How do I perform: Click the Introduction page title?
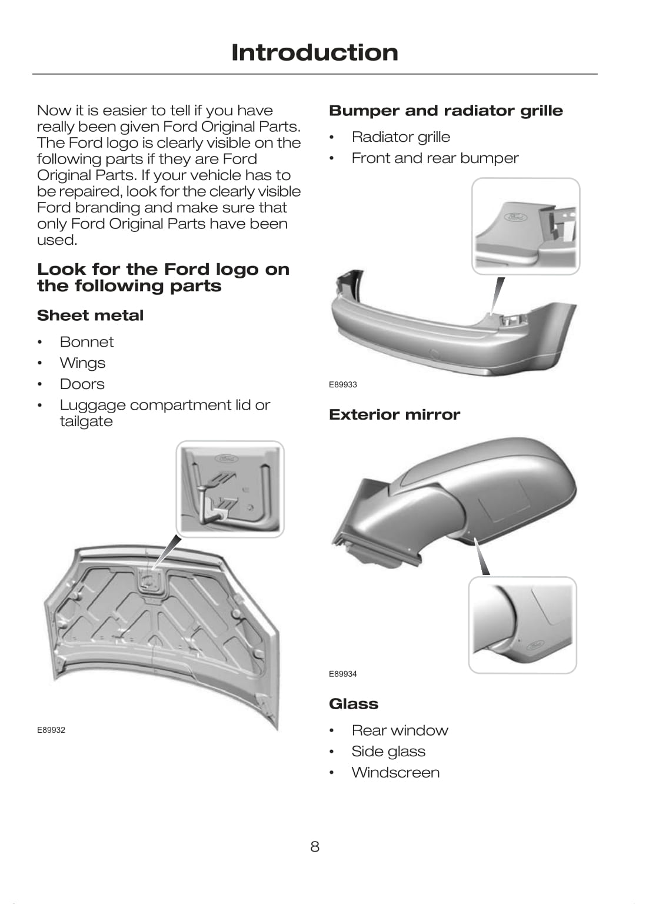(x=315, y=52)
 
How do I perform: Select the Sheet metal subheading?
(x=91, y=315)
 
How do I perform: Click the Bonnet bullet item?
(x=86, y=342)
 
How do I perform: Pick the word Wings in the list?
(x=83, y=363)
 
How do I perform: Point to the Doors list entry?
(x=82, y=384)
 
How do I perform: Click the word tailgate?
(x=86, y=421)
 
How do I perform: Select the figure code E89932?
(x=51, y=730)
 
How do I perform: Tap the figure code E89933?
(x=343, y=384)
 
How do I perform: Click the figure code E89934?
(x=343, y=673)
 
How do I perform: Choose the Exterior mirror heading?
(x=394, y=414)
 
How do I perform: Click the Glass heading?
(x=354, y=704)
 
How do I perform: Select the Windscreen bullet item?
(x=395, y=772)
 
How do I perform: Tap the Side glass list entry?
(x=388, y=752)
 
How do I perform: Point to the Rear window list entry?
(x=400, y=730)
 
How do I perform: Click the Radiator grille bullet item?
(x=401, y=137)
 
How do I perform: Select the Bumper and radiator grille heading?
(x=446, y=111)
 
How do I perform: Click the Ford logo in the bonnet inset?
(x=227, y=459)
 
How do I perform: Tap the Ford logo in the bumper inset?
(x=515, y=218)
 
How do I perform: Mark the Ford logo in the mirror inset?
(x=536, y=645)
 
